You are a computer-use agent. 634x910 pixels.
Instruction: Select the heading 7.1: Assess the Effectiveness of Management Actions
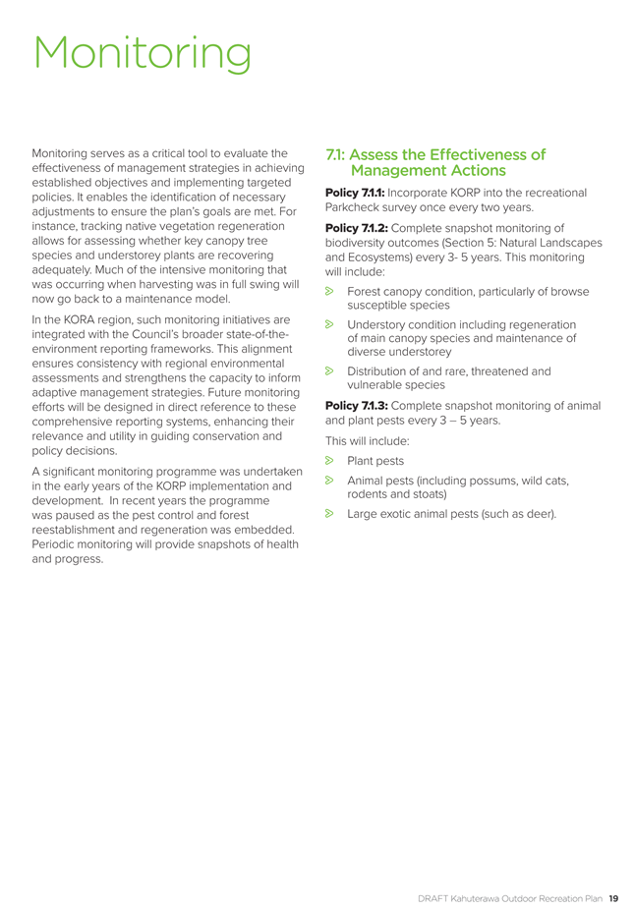coord(434,162)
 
